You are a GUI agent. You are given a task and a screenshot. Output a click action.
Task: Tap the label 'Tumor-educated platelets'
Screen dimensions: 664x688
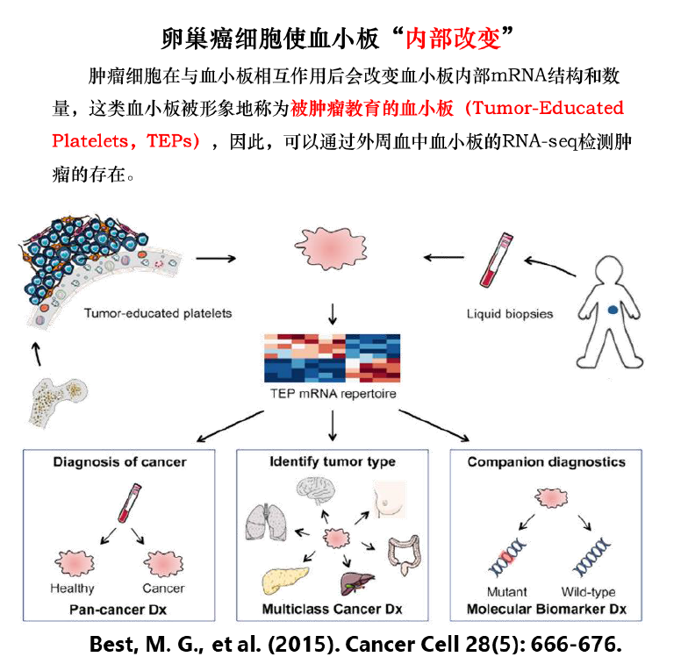(158, 313)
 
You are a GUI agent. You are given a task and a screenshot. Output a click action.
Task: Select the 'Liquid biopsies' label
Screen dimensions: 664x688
(510, 313)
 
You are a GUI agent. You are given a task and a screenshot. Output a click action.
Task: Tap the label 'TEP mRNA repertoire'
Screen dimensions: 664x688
(333, 394)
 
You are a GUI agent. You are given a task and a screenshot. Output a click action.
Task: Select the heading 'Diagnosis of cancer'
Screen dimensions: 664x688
(120, 461)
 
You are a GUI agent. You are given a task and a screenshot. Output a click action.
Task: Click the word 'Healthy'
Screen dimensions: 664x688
(72, 588)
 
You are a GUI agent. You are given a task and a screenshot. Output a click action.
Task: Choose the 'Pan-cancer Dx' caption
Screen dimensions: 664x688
(119, 608)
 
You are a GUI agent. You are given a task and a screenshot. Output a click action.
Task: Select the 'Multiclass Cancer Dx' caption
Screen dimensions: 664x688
(332, 608)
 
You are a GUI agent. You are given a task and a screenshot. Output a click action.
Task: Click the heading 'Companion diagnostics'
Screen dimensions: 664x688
(546, 461)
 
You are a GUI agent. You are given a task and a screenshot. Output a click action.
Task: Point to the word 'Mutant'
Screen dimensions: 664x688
(507, 592)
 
